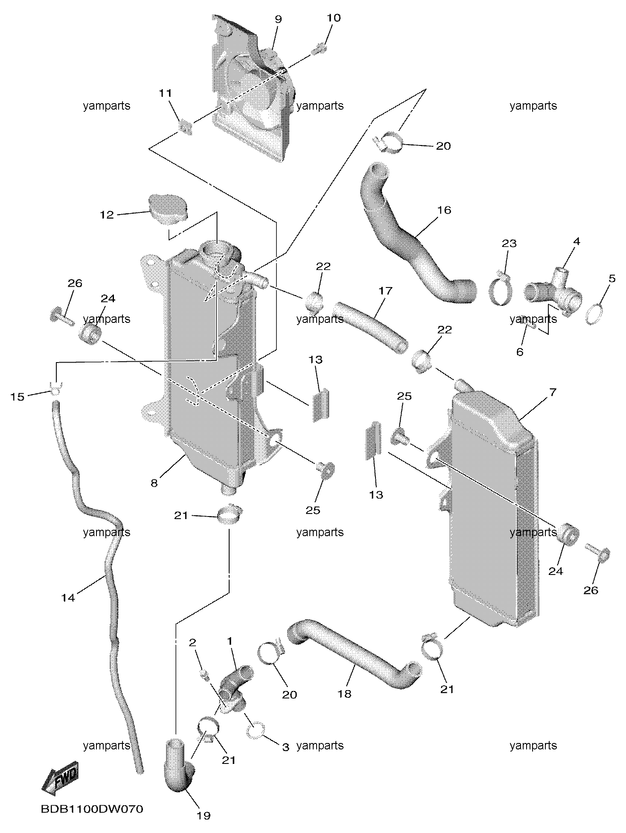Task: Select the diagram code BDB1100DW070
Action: click(x=92, y=809)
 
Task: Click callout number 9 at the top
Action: click(x=278, y=19)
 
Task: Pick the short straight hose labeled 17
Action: click(x=370, y=326)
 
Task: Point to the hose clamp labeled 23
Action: click(x=500, y=291)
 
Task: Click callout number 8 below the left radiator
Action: click(x=154, y=483)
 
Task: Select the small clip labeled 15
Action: click(x=56, y=387)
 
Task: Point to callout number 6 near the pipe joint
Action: click(x=520, y=352)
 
